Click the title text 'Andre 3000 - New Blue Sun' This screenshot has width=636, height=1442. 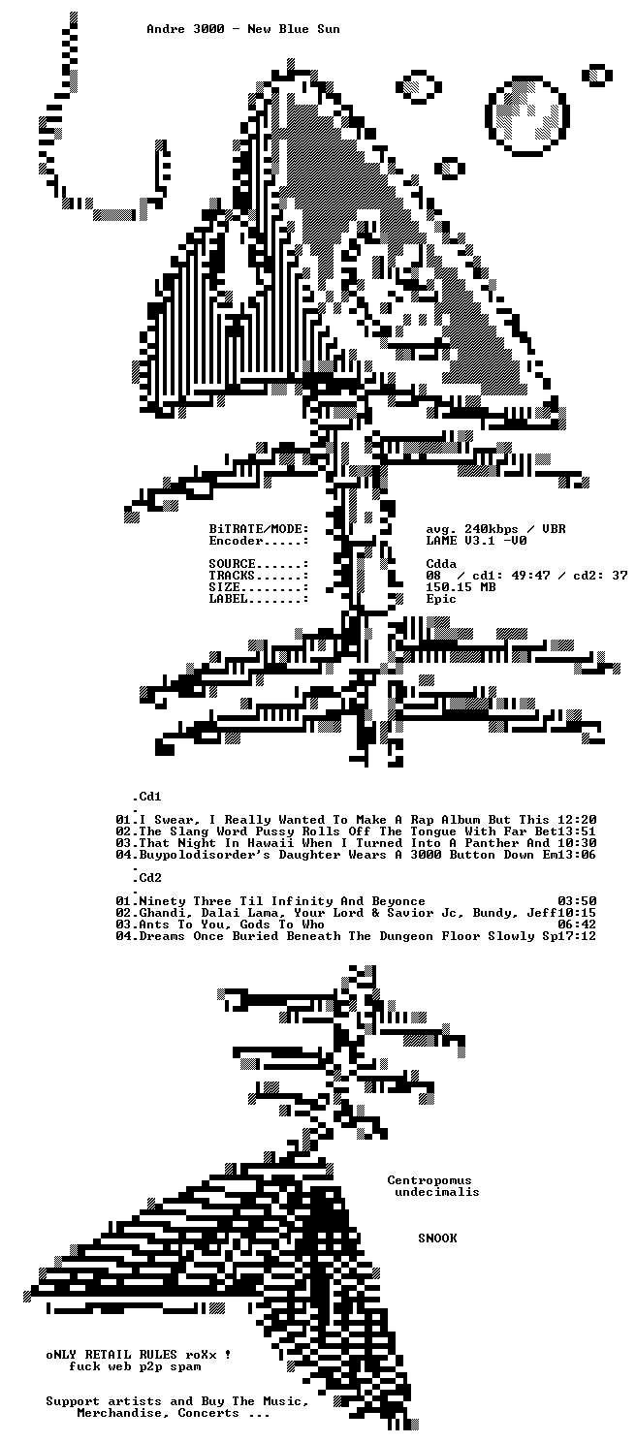point(243,29)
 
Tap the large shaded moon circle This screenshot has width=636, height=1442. point(527,116)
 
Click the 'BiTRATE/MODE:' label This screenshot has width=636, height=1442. point(259,529)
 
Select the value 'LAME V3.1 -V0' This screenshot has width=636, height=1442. point(476,541)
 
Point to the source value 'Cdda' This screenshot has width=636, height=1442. point(441,564)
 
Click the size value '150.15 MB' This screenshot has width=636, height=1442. point(461,587)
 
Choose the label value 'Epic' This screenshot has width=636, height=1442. point(441,599)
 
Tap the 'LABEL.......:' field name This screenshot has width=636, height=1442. point(259,599)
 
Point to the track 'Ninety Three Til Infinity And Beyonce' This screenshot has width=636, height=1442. point(282,901)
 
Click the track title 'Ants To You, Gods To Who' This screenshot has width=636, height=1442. point(232,925)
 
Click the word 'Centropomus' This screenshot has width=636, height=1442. point(429,1180)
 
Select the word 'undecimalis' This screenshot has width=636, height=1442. point(437,1192)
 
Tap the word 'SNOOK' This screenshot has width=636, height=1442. point(437,1238)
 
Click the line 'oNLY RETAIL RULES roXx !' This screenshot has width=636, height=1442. point(139,1355)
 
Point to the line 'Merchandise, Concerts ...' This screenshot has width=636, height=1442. point(174,1413)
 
